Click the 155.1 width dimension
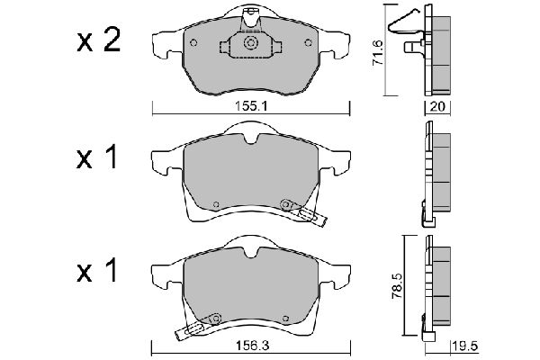click(x=251, y=106)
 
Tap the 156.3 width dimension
click(x=252, y=346)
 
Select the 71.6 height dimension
click(x=378, y=53)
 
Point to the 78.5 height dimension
click(x=397, y=286)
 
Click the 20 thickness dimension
click(x=437, y=106)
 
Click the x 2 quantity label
click(x=99, y=40)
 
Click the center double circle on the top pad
click(x=250, y=43)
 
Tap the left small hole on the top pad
click(x=193, y=42)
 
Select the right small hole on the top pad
click(x=308, y=42)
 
